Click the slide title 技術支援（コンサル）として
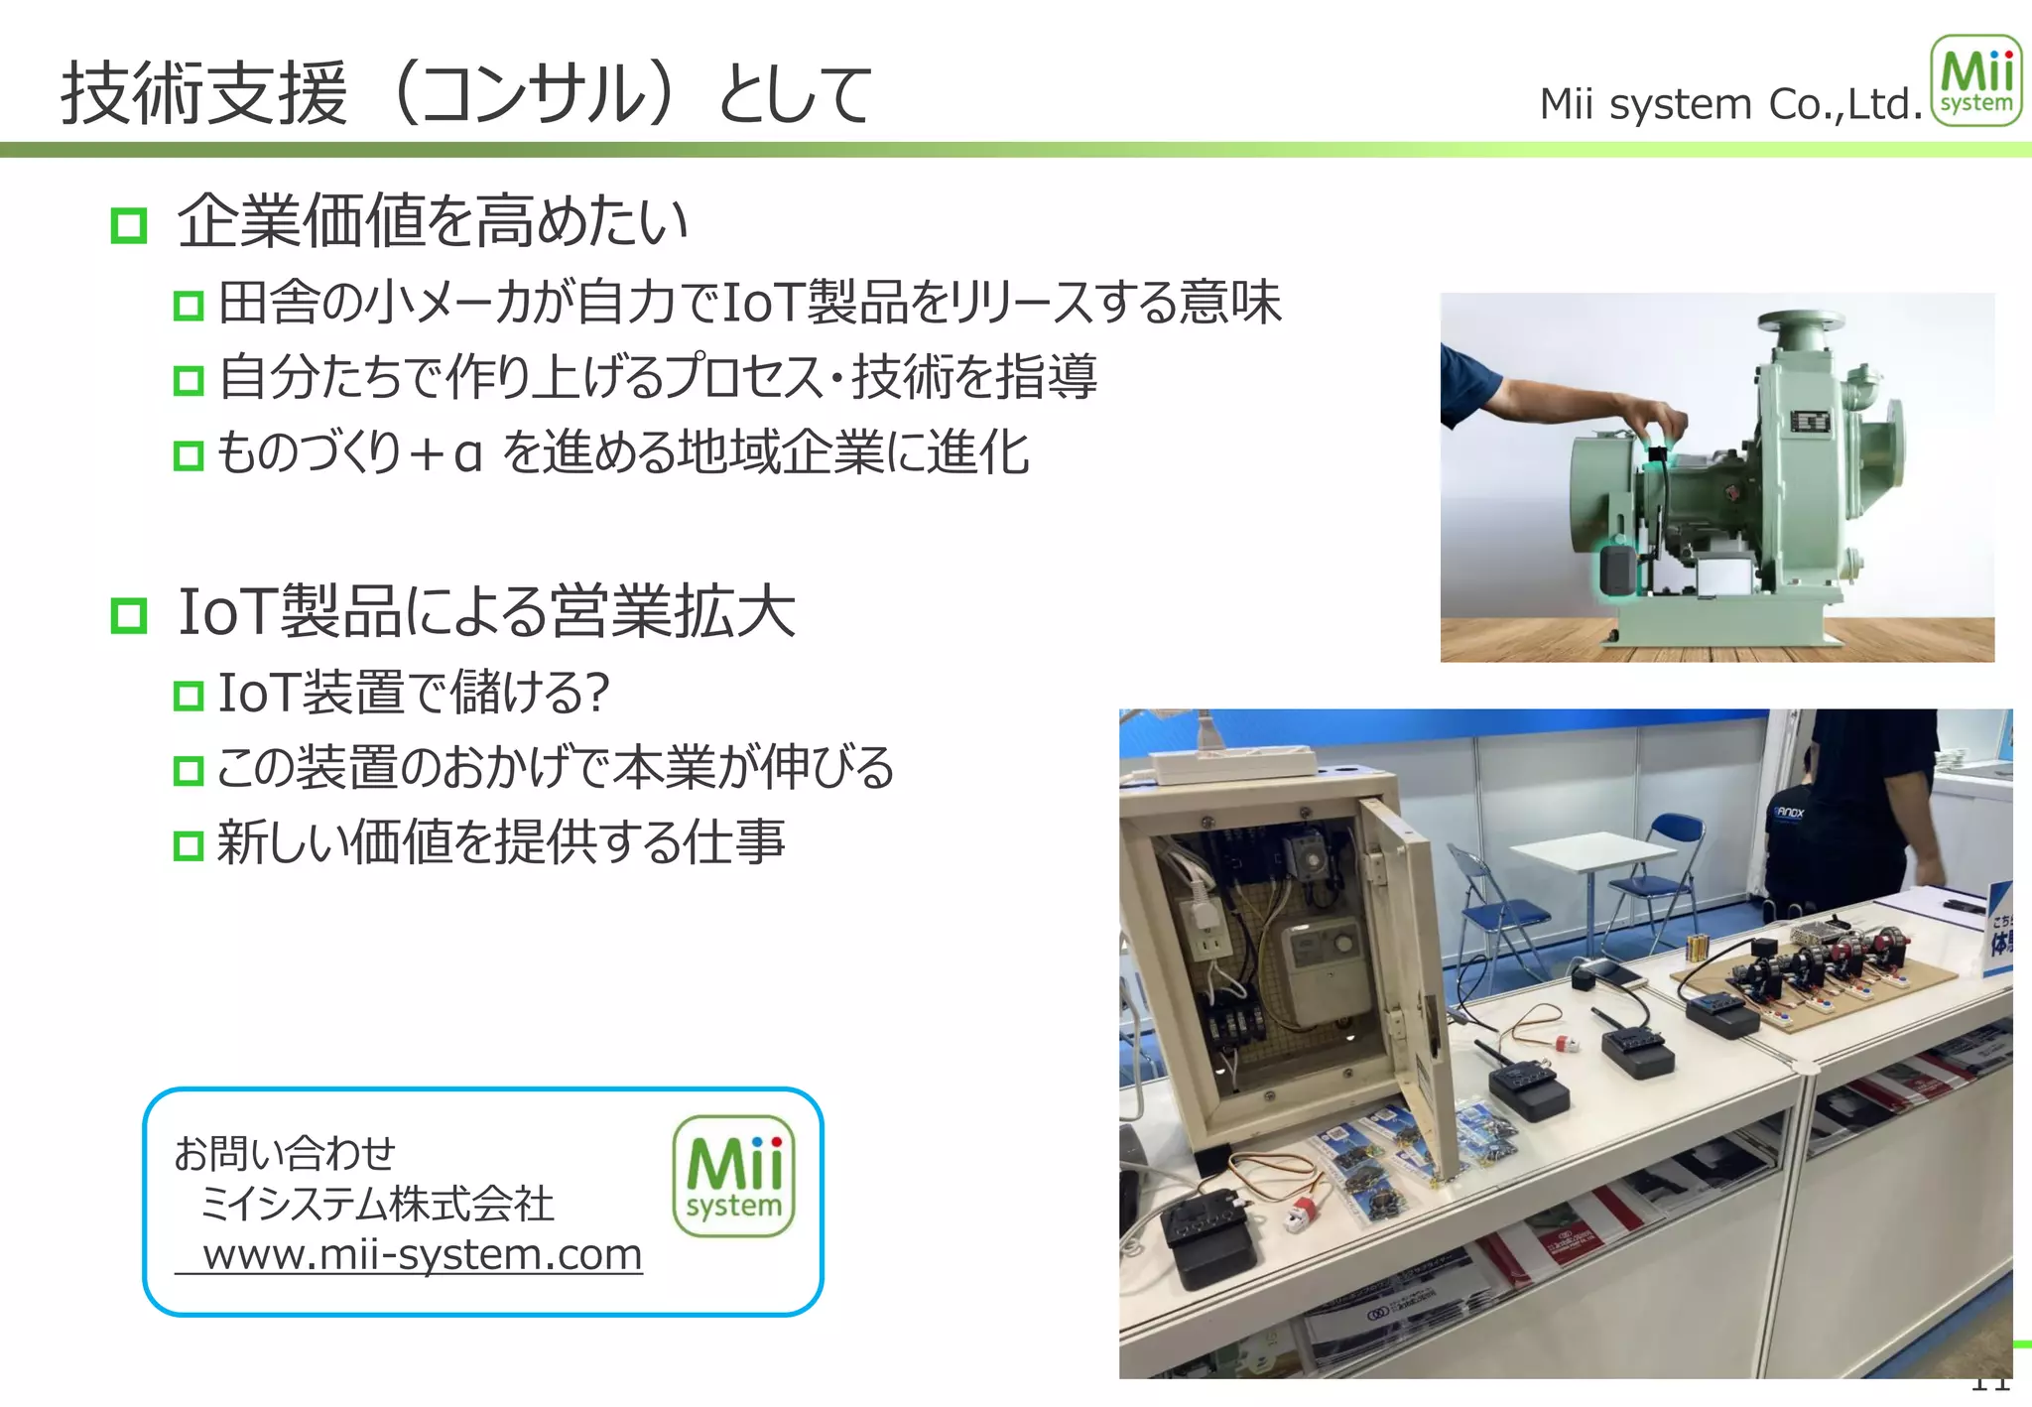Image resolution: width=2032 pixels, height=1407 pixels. tap(466, 94)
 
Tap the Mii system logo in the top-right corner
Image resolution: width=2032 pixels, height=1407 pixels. tap(1975, 81)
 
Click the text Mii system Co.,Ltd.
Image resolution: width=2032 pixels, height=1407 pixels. tap(1730, 104)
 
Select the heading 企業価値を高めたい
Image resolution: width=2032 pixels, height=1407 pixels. tap(433, 221)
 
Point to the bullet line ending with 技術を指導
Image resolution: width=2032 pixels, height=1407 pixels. tap(657, 377)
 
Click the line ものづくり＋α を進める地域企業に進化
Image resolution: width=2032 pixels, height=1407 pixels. tap(623, 453)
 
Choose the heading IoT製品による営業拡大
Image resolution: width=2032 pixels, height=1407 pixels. tap(486, 612)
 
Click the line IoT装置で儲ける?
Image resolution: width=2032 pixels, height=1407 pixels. tap(413, 693)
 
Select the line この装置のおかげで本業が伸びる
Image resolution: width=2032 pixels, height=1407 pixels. tap(556, 768)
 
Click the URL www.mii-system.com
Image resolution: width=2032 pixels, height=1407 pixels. tap(423, 1255)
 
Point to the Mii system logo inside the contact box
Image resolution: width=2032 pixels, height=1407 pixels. tap(733, 1177)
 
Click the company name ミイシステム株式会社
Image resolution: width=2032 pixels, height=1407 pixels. tap(377, 1205)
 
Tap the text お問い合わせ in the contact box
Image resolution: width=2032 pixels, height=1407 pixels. tap(285, 1154)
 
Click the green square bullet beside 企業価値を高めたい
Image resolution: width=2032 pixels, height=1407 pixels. tap(129, 225)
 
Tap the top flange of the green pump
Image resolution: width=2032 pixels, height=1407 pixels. tap(1800, 321)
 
